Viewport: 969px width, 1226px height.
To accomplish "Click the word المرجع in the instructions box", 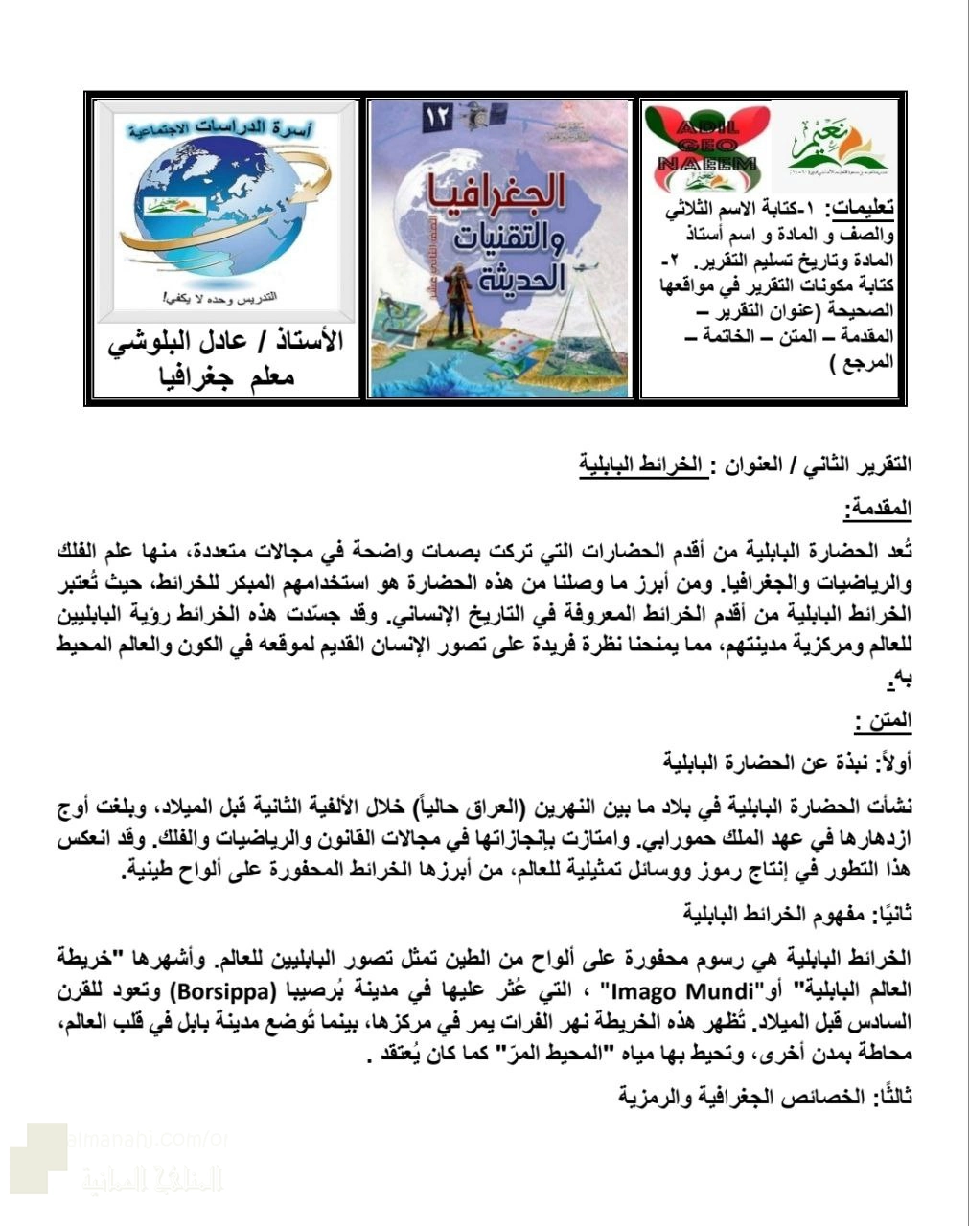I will pos(866,362).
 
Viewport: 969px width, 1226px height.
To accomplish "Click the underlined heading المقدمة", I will pos(879,509).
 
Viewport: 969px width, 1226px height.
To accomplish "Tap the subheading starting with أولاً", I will pos(788,762).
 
